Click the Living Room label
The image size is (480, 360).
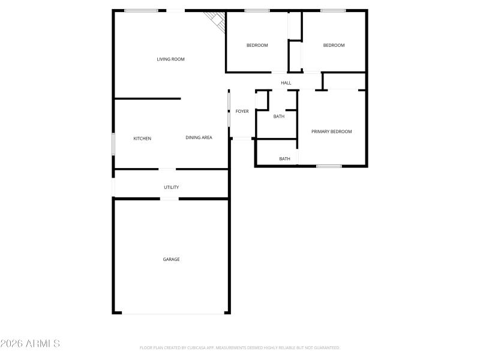point(170,59)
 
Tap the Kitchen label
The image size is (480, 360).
point(142,139)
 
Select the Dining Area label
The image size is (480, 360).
point(199,138)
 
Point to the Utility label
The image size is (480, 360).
point(171,187)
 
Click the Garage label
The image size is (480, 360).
point(171,259)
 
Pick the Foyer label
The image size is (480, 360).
point(242,111)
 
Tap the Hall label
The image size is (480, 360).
point(286,83)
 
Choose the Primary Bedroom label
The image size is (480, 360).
point(331,131)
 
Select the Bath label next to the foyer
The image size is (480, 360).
point(278,116)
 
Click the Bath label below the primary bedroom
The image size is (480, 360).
point(284,158)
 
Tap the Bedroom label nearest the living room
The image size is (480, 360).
point(257,46)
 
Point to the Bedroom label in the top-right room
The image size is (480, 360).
point(334,46)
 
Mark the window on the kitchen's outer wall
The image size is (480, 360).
point(113,145)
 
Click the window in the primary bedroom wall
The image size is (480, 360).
point(329,166)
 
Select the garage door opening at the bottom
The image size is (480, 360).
point(173,313)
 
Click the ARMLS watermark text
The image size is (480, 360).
point(30,344)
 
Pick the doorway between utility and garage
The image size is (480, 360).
point(170,199)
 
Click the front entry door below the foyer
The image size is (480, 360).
point(242,139)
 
